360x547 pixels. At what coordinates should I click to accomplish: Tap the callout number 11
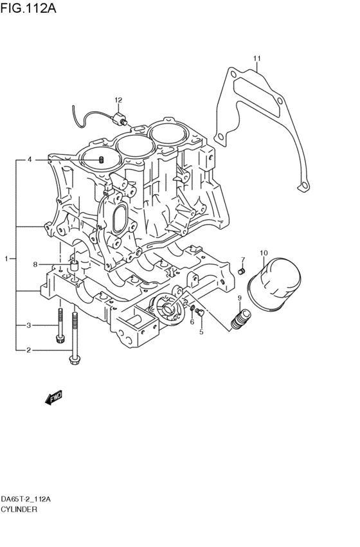click(256, 59)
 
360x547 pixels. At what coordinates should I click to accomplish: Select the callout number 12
click(118, 100)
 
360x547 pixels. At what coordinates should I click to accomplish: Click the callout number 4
click(28, 159)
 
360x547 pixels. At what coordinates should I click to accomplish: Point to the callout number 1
click(6, 258)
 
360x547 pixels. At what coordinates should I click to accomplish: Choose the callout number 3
click(28, 326)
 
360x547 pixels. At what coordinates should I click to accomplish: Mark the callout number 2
click(28, 350)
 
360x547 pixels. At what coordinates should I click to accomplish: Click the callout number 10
click(263, 253)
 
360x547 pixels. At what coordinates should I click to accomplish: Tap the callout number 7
click(242, 260)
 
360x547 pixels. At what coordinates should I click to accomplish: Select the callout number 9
click(239, 298)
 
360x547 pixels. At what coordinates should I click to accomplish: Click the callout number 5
click(201, 332)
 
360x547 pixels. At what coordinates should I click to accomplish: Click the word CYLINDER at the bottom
click(19, 508)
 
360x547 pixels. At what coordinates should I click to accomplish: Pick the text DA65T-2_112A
click(26, 499)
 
